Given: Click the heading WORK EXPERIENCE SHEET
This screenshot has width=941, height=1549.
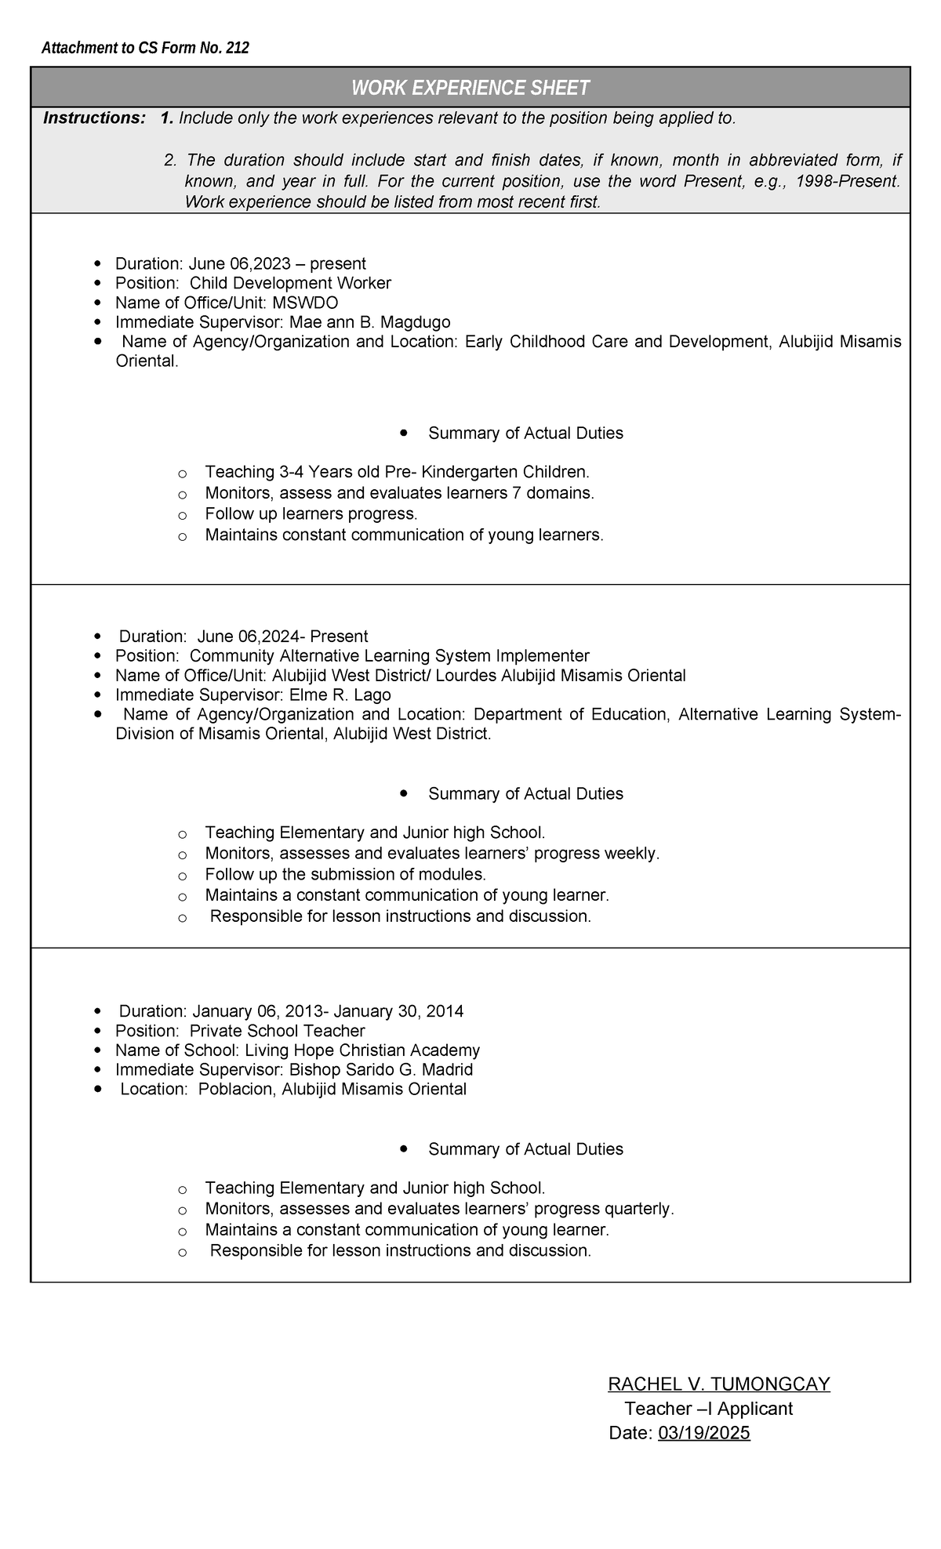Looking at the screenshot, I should (x=470, y=88).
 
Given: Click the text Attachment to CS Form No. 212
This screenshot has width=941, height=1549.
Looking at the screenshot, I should (x=145, y=49).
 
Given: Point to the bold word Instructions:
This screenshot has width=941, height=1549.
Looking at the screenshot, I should (x=94, y=118).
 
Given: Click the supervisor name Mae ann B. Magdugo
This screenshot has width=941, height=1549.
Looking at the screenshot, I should (x=369, y=322).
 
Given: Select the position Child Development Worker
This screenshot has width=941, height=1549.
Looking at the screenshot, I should (x=290, y=283).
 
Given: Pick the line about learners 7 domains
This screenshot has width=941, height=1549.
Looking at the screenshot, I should (x=399, y=493).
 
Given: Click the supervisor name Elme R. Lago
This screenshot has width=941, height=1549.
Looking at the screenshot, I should (x=340, y=695).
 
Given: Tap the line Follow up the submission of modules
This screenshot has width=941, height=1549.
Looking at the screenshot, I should (x=345, y=874).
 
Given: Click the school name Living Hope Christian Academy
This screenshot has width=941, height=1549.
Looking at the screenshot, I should (x=362, y=1050).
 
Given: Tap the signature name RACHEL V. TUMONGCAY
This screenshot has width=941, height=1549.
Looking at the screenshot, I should (x=718, y=1384).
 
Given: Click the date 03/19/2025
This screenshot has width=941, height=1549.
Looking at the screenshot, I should (x=703, y=1433).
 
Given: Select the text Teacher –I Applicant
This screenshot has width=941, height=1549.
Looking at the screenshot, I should (x=708, y=1409).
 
